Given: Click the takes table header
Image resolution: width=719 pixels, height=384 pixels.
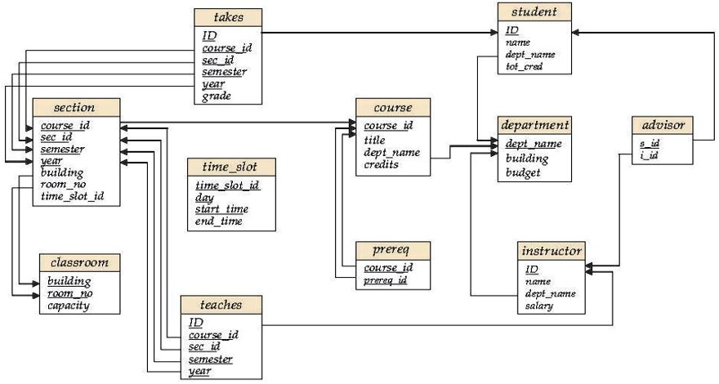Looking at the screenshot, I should tap(228, 17).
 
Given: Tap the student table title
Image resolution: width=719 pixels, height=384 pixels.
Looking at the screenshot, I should tap(534, 12).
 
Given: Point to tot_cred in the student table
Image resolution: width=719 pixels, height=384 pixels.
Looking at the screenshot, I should tap(524, 67).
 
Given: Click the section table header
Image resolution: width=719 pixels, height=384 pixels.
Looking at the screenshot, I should tap(74, 107).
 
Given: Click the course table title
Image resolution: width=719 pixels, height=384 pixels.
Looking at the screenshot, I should tap(393, 107).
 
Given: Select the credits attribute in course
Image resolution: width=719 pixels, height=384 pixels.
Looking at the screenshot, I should tap(382, 164).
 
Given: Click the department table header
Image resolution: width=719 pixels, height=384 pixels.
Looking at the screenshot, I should tap(534, 125).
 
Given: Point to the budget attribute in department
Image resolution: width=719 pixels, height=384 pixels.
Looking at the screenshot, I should tap(523, 172).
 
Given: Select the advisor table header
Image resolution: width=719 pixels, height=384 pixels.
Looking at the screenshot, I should tap(663, 125).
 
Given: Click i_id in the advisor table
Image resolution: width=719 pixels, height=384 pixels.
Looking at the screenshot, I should tap(650, 155).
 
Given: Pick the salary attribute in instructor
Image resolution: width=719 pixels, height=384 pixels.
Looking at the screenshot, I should tap(540, 306).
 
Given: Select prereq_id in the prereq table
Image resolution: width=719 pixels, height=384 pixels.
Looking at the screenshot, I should tap(386, 281).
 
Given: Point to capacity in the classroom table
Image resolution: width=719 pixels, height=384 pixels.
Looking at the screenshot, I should tap(69, 306).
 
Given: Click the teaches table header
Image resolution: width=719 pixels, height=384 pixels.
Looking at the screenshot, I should tap(221, 305).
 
